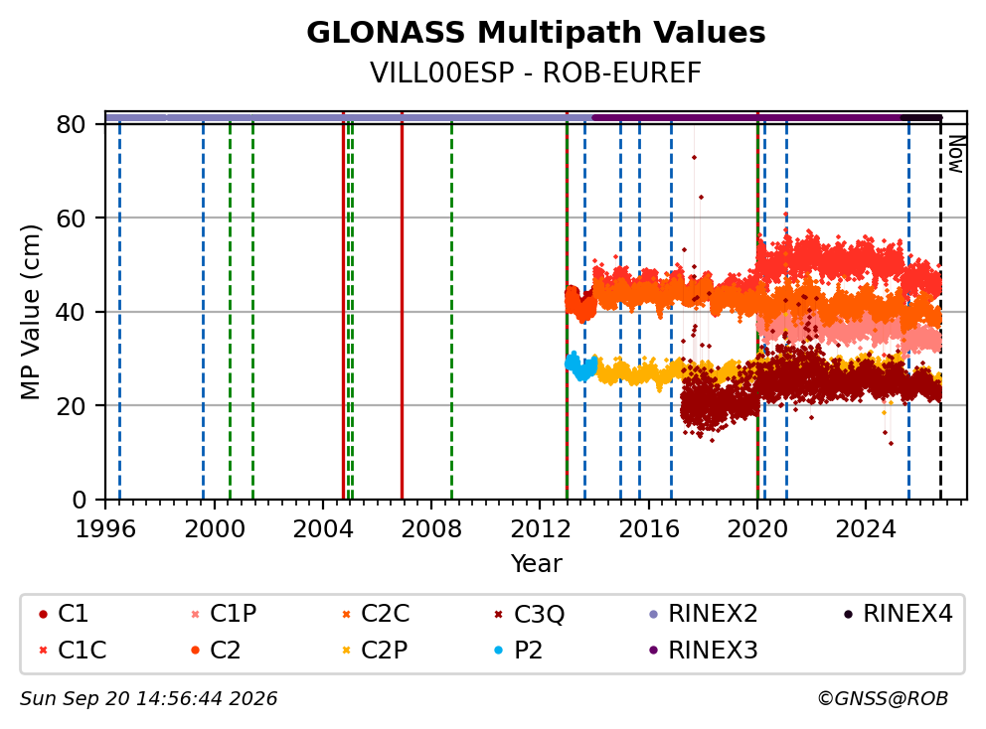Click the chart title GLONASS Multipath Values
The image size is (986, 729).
[x=536, y=33]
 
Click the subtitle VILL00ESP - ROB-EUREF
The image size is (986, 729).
[x=536, y=73]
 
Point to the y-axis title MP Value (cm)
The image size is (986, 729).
[x=30, y=312]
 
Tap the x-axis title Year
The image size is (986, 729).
[x=536, y=563]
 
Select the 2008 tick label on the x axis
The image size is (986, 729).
[x=431, y=529]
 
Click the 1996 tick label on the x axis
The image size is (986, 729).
[x=105, y=529]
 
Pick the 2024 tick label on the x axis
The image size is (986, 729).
[x=866, y=529]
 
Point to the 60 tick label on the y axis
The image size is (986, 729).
[x=71, y=219]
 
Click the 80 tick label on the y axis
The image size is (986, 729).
[x=71, y=124]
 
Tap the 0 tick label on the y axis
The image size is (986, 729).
[x=80, y=501]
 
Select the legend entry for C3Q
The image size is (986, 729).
[x=530, y=614]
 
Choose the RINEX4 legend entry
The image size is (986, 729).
[x=898, y=614]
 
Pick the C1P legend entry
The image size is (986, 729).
[x=224, y=614]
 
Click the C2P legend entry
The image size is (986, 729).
[x=375, y=651]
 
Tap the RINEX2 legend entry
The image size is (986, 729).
[x=703, y=614]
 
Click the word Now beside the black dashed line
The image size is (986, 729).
[x=956, y=154]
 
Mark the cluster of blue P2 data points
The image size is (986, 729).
[x=581, y=365]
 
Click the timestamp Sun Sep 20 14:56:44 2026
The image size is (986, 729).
[x=148, y=699]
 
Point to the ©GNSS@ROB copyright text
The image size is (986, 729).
[x=883, y=699]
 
